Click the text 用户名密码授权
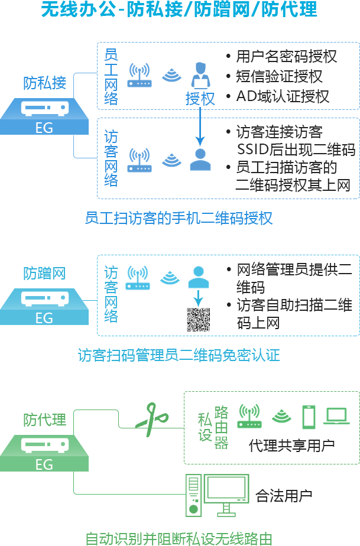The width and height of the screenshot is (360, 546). point(286,57)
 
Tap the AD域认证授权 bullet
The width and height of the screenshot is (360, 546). point(283,96)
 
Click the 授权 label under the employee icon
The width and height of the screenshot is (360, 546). point(200,99)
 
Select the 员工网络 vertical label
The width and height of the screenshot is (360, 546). point(111,76)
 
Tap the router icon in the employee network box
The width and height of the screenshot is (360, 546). point(140,76)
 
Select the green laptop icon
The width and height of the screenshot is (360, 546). point(337,416)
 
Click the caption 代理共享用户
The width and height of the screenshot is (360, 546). point(292,445)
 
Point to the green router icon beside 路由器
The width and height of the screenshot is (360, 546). point(249,416)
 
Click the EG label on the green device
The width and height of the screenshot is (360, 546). point(44,464)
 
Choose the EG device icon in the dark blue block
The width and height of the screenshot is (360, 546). point(45,109)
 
